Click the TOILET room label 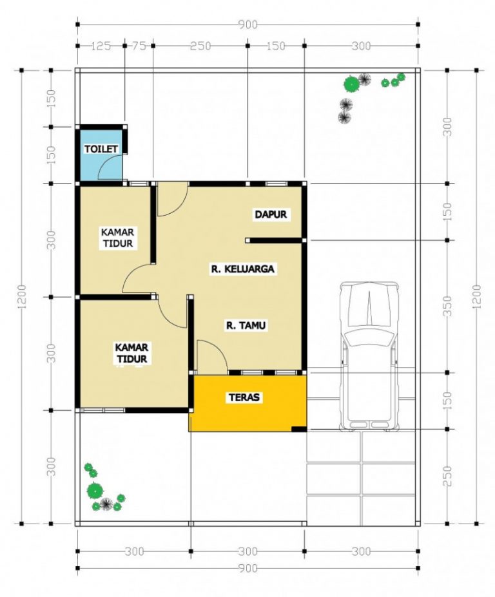click(x=102, y=149)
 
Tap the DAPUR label click(x=270, y=214)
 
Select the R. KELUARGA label click(x=244, y=269)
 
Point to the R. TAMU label click(x=246, y=326)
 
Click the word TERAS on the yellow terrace click(x=244, y=397)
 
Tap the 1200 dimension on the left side click(x=23, y=297)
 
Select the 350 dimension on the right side click(x=449, y=307)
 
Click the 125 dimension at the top click(x=101, y=46)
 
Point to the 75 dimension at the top click(x=139, y=46)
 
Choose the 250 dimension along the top click(x=200, y=46)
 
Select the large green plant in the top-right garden click(x=351, y=83)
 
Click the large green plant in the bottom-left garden click(x=95, y=490)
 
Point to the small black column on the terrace click(x=298, y=428)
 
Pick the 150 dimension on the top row click(x=276, y=46)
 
